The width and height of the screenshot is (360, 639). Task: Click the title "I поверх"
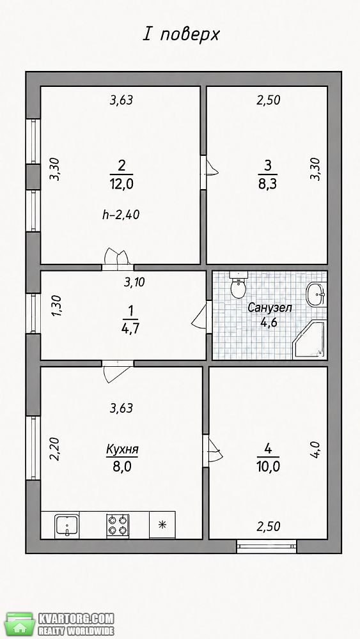click(x=180, y=35)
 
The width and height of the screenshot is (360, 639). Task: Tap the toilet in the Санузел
click(x=238, y=284)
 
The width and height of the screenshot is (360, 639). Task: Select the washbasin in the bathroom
click(x=316, y=293)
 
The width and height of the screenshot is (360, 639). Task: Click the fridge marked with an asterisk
click(x=162, y=525)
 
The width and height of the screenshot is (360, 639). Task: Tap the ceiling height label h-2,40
click(x=121, y=215)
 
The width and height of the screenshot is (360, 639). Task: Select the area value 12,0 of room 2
click(x=121, y=184)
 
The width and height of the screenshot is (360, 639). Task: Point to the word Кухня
click(x=122, y=450)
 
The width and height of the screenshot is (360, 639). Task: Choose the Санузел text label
click(x=269, y=308)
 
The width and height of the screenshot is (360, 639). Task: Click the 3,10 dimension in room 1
click(x=134, y=282)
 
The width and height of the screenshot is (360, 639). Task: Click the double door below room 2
click(x=118, y=259)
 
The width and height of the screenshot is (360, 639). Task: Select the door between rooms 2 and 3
click(x=208, y=172)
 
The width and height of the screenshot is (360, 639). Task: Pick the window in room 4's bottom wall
click(x=267, y=546)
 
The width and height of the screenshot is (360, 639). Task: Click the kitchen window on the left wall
click(x=33, y=448)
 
